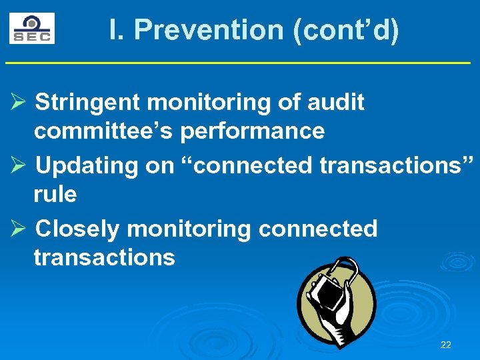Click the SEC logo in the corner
click(x=31, y=29)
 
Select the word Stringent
click(x=87, y=103)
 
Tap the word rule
click(x=55, y=195)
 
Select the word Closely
click(x=77, y=229)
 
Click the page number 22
click(x=446, y=345)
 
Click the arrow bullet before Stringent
click(x=18, y=103)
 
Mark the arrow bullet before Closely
click(x=18, y=229)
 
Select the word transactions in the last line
click(x=104, y=257)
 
